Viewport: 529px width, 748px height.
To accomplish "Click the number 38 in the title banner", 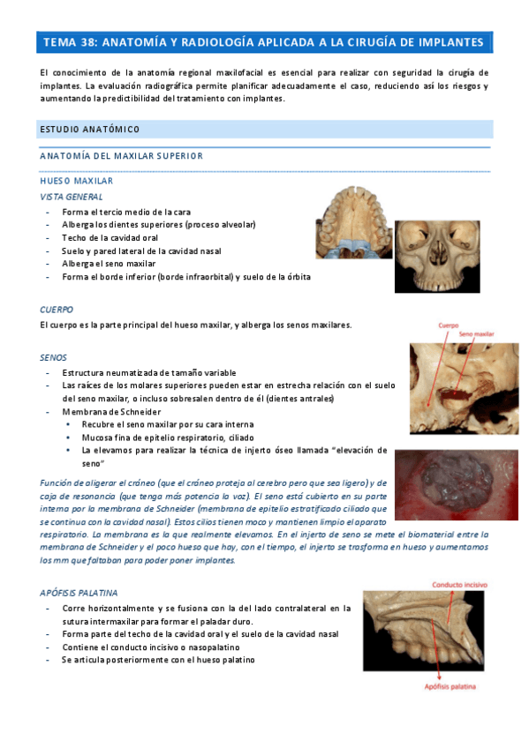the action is point(89,41).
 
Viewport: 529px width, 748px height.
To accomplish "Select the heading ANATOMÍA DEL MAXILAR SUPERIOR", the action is point(122,156).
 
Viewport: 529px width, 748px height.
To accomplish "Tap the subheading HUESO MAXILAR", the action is point(76,181).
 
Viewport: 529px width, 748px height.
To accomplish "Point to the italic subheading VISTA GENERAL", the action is point(71,197).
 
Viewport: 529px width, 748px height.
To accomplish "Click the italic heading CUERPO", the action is point(57,310).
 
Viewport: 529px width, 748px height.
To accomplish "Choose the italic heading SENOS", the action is point(54,357).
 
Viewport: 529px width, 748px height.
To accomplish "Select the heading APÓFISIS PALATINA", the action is point(79,593).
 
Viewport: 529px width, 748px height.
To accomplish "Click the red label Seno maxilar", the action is point(476,333).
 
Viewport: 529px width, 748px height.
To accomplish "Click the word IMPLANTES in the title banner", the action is point(449,41).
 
